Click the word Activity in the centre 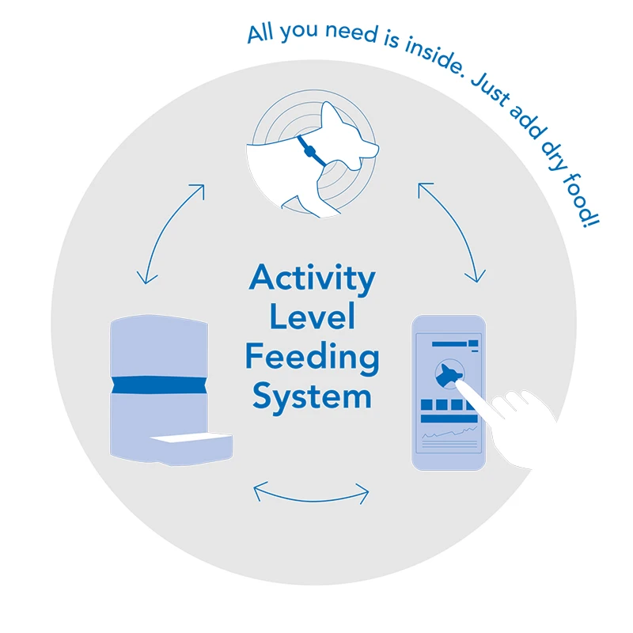click(312, 279)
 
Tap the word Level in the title click(312, 316)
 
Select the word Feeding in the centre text click(312, 358)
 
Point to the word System click(312, 396)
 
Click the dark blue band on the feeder click(159, 385)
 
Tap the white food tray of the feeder click(191, 438)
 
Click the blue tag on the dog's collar click(309, 151)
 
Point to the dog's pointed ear click(332, 114)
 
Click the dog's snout click(370, 149)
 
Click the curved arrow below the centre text click(311, 499)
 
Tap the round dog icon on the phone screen click(449, 373)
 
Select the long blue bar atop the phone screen click(449, 344)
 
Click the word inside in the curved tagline click(434, 55)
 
